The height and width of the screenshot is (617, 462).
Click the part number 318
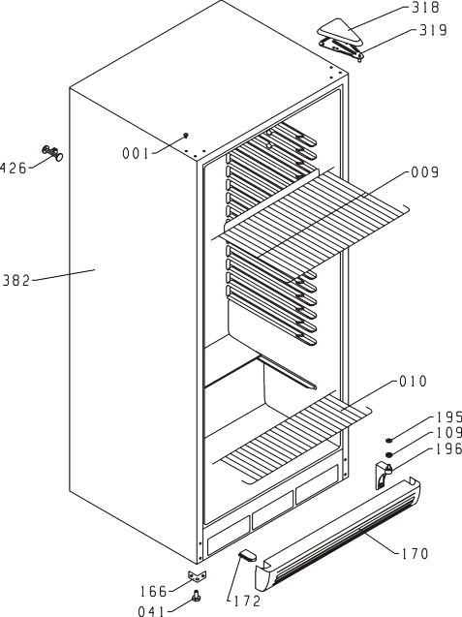(425, 8)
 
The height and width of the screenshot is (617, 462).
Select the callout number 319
(433, 30)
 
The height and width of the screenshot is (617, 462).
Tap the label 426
(13, 169)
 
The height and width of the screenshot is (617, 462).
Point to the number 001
(136, 153)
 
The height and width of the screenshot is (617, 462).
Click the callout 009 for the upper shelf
(424, 172)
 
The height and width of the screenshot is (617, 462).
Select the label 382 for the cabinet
(16, 281)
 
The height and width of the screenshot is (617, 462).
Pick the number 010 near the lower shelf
(413, 382)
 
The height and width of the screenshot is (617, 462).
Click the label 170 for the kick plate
(415, 554)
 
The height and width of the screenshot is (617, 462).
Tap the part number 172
(247, 601)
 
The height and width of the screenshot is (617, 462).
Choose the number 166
(153, 591)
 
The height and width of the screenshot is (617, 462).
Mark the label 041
(151, 611)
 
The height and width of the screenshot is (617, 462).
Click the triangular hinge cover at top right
(340, 31)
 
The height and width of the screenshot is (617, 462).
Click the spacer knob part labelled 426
(52, 153)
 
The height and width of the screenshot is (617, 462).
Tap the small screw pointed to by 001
(186, 135)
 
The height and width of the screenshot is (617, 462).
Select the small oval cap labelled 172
(247, 555)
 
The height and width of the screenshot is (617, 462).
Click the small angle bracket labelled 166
(198, 575)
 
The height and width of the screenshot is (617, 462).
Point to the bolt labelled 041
(196, 597)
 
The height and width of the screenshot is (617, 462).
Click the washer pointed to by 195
(388, 441)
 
